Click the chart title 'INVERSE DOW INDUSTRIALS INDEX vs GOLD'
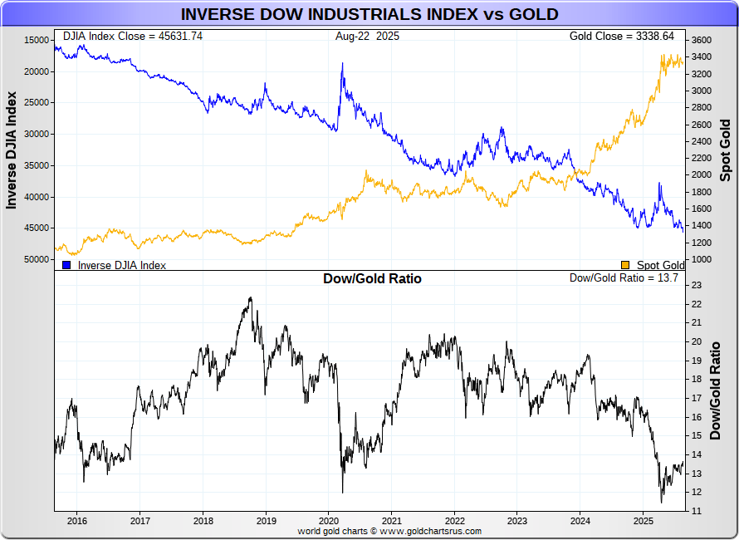(x=369, y=14)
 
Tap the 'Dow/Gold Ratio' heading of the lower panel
(x=372, y=279)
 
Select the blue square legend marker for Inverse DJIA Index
(x=66, y=265)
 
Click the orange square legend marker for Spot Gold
(x=625, y=265)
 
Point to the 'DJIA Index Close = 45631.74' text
(x=133, y=37)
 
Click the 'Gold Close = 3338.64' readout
(x=627, y=37)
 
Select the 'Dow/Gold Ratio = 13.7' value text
(x=624, y=278)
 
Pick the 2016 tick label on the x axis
(x=76, y=521)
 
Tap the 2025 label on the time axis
(x=643, y=521)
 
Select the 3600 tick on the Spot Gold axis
(x=701, y=40)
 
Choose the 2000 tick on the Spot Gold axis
(x=701, y=175)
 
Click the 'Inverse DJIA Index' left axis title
(x=12, y=150)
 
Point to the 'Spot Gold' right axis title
(x=726, y=150)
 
